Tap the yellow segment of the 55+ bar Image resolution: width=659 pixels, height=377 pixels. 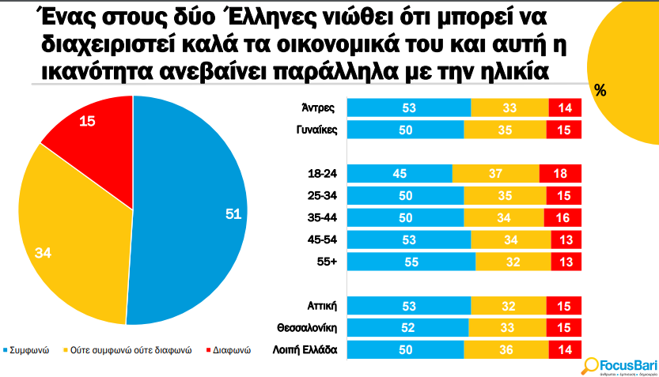click(513, 262)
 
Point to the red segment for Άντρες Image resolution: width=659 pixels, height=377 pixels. click(565, 108)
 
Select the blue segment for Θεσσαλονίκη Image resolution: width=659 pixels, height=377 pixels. click(408, 327)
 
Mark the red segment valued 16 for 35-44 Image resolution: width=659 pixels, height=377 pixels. click(562, 218)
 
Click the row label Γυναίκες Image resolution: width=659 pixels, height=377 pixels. click(318, 130)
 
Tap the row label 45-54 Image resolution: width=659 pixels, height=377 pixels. click(324, 239)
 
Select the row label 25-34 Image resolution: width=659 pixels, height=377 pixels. click(324, 195)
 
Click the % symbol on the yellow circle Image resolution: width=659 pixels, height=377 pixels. click(600, 91)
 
